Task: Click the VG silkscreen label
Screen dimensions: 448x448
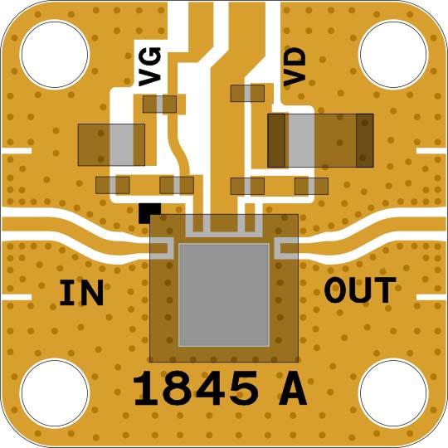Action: pyautogui.click(x=149, y=66)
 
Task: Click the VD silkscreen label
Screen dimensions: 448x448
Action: pyautogui.click(x=295, y=67)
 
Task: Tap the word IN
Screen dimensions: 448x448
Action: pyautogui.click(x=81, y=293)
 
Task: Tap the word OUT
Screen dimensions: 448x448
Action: pyautogui.click(x=360, y=290)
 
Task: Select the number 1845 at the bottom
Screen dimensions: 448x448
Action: pyautogui.click(x=196, y=388)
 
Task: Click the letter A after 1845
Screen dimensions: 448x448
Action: pyautogui.click(x=293, y=388)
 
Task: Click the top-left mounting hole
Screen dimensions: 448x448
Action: pyautogui.click(x=55, y=55)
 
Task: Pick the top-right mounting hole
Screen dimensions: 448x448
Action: pyautogui.click(x=393, y=55)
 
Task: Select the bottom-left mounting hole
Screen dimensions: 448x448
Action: pyautogui.click(x=55, y=393)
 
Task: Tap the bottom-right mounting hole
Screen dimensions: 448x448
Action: pyautogui.click(x=393, y=393)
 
